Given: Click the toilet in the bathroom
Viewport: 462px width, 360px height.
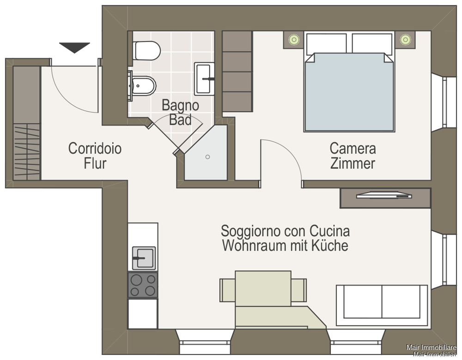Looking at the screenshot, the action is click(x=146, y=51).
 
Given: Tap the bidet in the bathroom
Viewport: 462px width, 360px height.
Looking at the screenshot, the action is click(x=142, y=86).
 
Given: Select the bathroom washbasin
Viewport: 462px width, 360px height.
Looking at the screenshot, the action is click(x=204, y=78).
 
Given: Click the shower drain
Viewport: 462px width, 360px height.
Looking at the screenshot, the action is click(x=208, y=157).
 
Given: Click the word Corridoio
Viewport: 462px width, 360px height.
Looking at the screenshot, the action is click(x=95, y=148).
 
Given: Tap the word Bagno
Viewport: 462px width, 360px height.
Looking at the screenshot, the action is click(x=180, y=105).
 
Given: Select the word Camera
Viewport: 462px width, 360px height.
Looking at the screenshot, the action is click(x=353, y=148).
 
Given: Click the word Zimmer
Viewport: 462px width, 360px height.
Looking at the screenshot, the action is click(x=353, y=163).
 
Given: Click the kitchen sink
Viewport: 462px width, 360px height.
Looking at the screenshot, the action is click(x=144, y=258).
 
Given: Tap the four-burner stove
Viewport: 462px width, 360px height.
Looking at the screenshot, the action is click(x=143, y=285).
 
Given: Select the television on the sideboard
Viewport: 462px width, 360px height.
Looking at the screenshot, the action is click(x=384, y=195).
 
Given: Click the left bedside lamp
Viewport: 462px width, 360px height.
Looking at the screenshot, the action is click(x=294, y=39).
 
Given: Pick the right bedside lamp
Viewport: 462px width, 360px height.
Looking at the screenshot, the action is click(x=406, y=39).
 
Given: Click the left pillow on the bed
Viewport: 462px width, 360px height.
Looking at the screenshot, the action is click(x=327, y=43).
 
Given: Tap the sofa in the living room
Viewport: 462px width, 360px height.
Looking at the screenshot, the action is click(x=382, y=305).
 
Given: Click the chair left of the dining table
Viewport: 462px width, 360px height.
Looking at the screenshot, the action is click(x=227, y=290).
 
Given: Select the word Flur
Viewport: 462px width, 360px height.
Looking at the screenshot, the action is click(x=95, y=163).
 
